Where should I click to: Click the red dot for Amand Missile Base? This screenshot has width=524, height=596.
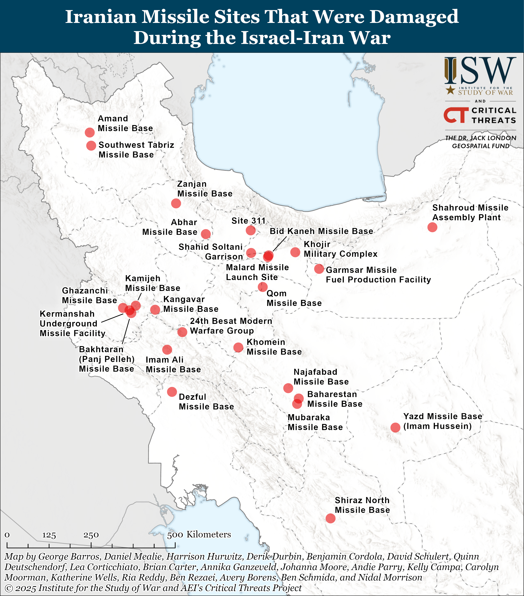pos(89,132)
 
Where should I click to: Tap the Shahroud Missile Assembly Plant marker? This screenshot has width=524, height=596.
pos(432,227)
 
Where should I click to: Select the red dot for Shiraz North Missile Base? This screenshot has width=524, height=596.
pos(330,518)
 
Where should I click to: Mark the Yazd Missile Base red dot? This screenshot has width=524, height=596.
pos(395,427)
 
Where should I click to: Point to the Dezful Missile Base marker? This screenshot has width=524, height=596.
pos(172,392)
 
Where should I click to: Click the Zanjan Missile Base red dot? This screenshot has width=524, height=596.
pos(176,203)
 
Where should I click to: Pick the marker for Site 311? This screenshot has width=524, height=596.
pos(250,230)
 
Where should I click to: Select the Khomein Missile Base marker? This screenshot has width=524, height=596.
pos(238,347)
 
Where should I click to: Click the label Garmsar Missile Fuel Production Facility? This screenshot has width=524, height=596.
pos(378,275)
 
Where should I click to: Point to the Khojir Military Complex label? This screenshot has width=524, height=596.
pos(340,249)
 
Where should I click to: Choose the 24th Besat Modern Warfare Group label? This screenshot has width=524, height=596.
pos(231,326)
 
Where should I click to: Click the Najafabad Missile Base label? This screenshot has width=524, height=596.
pos(321,377)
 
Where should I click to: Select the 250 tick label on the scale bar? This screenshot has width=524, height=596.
pos(91,535)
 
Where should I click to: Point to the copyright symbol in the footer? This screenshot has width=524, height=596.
pos(9,588)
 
